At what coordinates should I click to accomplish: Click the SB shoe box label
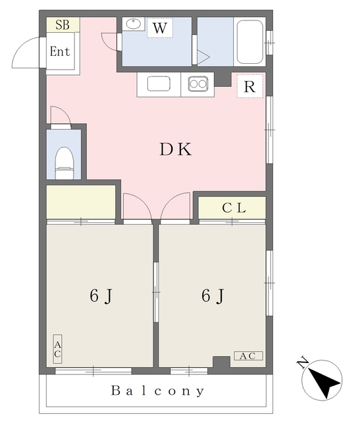tap(63, 26)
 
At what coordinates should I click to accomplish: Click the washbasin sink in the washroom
tap(134, 24)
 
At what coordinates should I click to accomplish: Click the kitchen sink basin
tap(159, 85)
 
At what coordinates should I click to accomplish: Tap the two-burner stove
tap(198, 84)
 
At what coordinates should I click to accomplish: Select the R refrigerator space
tap(249, 86)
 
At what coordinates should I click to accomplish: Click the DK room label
tap(175, 150)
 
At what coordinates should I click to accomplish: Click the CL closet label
tap(233, 209)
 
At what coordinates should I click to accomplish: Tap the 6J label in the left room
tap(100, 297)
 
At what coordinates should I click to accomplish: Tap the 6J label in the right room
tap(211, 297)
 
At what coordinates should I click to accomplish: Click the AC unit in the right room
tap(247, 356)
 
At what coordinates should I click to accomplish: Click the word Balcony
tap(158, 391)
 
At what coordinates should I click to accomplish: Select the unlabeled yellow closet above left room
tap(80, 201)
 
